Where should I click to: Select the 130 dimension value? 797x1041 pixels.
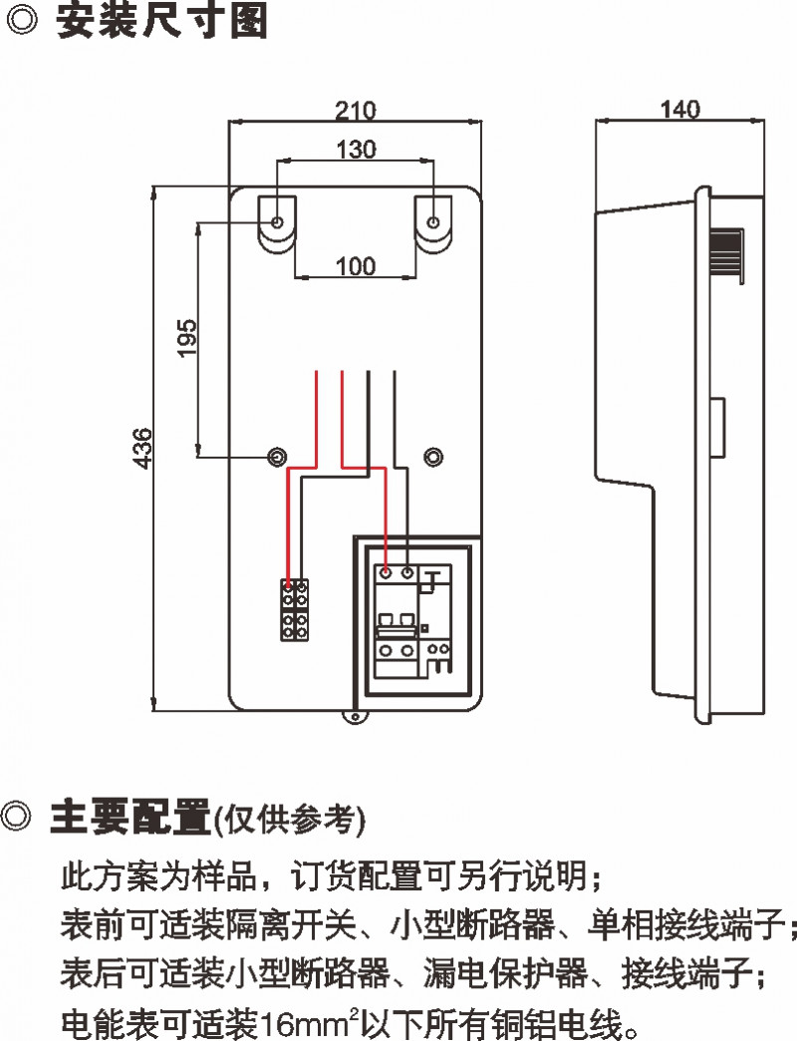[x=356, y=150]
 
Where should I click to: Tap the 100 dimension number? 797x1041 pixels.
[x=356, y=266]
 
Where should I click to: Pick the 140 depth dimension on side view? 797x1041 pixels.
[x=680, y=109]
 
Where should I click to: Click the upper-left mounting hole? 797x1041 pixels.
[x=277, y=221]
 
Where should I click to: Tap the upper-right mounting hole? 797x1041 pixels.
[x=433, y=221]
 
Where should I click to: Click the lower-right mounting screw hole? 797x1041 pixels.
[x=432, y=457]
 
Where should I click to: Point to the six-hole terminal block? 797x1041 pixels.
[x=294, y=609]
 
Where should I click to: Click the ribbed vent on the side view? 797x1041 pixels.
[x=728, y=251]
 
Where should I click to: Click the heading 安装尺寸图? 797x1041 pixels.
[x=162, y=22]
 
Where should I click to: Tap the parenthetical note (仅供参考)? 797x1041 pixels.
[x=290, y=819]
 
